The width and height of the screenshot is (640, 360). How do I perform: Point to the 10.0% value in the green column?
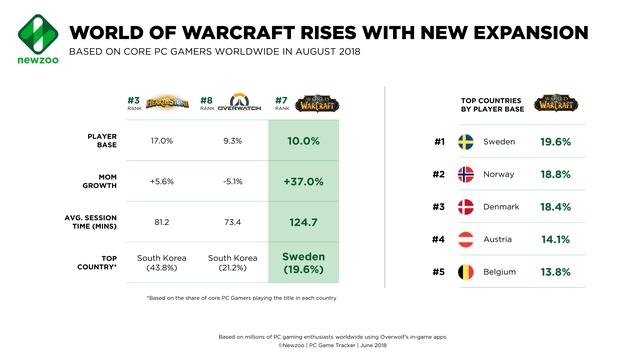(304, 141)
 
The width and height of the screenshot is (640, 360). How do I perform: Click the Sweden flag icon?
(465, 142)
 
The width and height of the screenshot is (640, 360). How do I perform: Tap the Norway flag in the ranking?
(465, 174)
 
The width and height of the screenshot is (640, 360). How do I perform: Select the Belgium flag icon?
(465, 272)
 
